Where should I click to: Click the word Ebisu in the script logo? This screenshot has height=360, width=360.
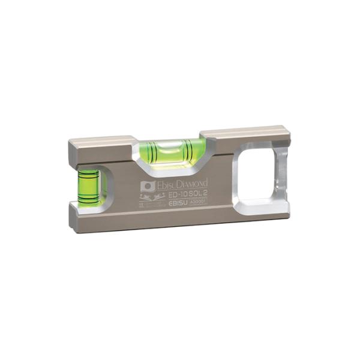click(x=167, y=185)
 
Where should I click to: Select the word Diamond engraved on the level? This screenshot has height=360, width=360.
click(x=194, y=182)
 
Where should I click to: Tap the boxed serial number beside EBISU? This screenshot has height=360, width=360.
click(x=198, y=202)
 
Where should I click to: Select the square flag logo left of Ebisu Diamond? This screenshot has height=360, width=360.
click(x=148, y=187)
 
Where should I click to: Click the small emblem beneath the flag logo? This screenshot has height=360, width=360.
click(x=148, y=198)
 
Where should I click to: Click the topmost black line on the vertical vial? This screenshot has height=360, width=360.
click(x=89, y=176)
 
